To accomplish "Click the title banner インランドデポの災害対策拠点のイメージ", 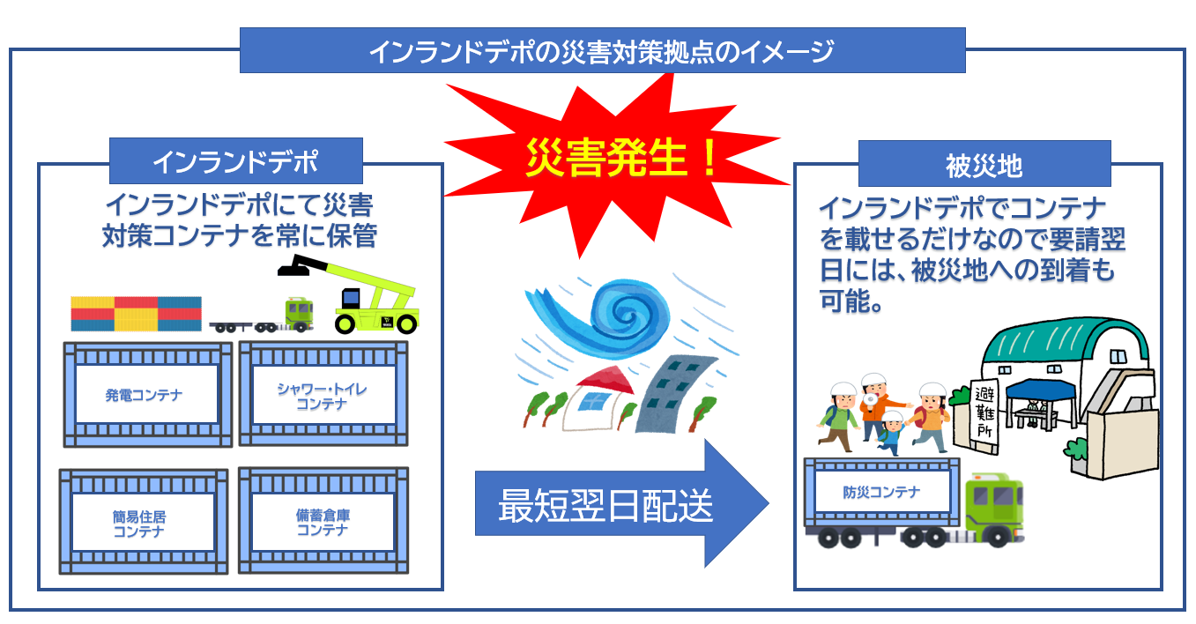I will click(602, 51).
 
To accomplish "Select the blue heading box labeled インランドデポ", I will click(235, 162).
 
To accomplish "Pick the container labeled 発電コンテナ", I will click(146, 395).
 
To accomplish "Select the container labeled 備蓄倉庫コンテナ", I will click(322, 521).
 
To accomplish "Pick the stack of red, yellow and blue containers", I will click(136, 313).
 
